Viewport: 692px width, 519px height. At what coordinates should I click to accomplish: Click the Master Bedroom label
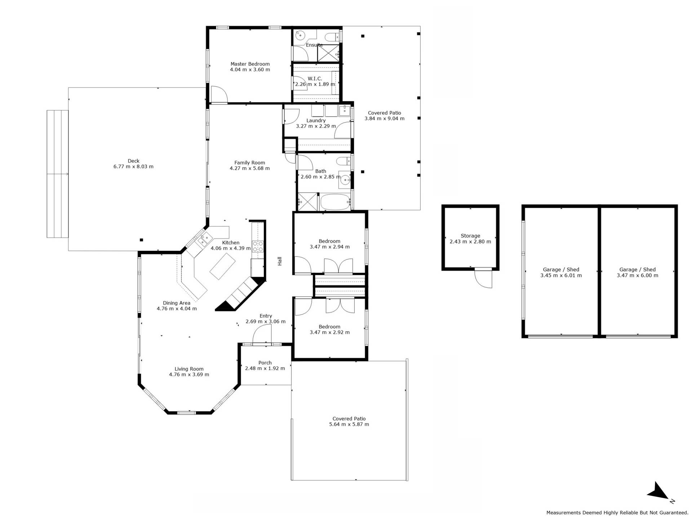point(250,64)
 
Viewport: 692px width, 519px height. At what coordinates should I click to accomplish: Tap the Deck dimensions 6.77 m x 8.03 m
point(133,167)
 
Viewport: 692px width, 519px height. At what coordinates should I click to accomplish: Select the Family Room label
point(249,163)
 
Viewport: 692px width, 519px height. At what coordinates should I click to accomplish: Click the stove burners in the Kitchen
point(258,246)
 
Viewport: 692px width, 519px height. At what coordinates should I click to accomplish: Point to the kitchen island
point(223,266)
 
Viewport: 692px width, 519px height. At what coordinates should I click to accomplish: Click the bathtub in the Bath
point(335,202)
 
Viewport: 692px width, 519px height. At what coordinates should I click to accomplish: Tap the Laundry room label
point(316,120)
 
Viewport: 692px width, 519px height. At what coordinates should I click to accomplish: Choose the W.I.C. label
point(315,79)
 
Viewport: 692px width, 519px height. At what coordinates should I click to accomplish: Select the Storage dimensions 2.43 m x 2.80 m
point(470,241)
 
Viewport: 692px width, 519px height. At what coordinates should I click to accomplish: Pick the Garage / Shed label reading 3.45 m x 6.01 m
point(561,272)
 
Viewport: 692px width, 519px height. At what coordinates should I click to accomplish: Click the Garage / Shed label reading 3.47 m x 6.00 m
point(637,272)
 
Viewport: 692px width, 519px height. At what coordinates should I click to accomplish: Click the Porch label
point(265,363)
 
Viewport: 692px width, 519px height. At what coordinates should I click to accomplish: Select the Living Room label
point(189,369)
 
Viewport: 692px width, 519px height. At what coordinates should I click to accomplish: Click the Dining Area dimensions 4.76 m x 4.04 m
point(177,309)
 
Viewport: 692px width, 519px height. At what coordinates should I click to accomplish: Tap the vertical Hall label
point(280,261)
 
